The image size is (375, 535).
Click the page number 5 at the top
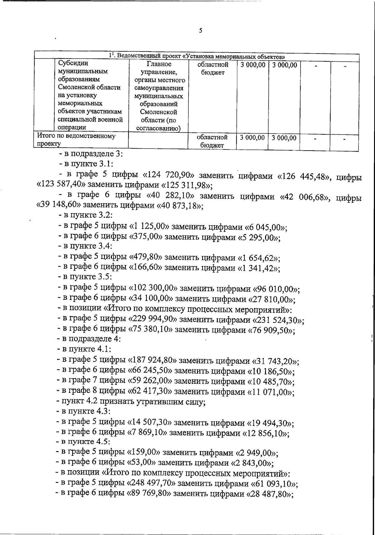click(200, 31)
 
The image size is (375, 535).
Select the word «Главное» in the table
click(159, 64)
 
